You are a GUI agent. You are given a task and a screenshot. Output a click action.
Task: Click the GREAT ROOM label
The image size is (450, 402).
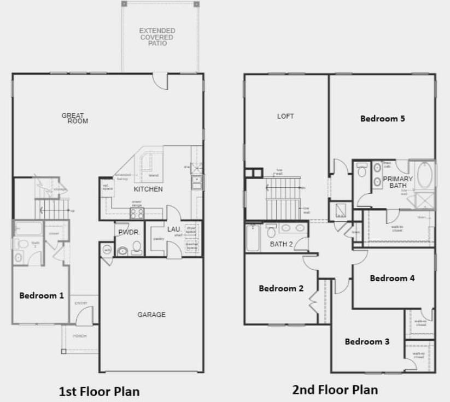74,118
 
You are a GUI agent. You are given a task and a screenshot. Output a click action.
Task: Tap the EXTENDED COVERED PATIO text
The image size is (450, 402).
157,37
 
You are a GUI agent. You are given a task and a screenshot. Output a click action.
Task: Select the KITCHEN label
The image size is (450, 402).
148,190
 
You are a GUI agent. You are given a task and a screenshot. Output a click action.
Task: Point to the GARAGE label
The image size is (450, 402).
151,315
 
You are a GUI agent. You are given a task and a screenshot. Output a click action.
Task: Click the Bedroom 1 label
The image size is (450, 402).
42,295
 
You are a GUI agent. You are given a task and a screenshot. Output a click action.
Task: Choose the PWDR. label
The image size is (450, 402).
128,233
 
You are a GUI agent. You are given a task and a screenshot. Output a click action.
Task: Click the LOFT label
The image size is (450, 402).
285,116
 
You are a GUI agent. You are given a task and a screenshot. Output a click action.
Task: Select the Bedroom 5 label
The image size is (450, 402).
382,118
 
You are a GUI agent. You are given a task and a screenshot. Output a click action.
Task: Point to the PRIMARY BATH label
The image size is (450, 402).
398,182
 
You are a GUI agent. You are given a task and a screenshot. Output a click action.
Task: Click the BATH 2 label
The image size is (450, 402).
282,244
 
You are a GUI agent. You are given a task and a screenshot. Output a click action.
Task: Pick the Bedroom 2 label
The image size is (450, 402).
281,288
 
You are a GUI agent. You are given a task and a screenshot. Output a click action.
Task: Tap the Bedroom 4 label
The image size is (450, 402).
392,278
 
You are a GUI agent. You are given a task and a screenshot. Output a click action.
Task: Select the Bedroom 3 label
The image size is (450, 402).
367,342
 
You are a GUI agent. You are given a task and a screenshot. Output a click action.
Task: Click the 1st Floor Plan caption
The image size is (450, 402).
99,391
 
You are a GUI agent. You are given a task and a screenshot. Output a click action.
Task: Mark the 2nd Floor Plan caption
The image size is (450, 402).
335,389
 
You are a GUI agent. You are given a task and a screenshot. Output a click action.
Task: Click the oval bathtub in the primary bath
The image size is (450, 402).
424,176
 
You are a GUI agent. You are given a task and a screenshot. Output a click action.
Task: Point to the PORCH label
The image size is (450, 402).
80,336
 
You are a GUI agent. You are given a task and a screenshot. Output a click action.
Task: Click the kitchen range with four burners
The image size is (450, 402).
137,212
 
